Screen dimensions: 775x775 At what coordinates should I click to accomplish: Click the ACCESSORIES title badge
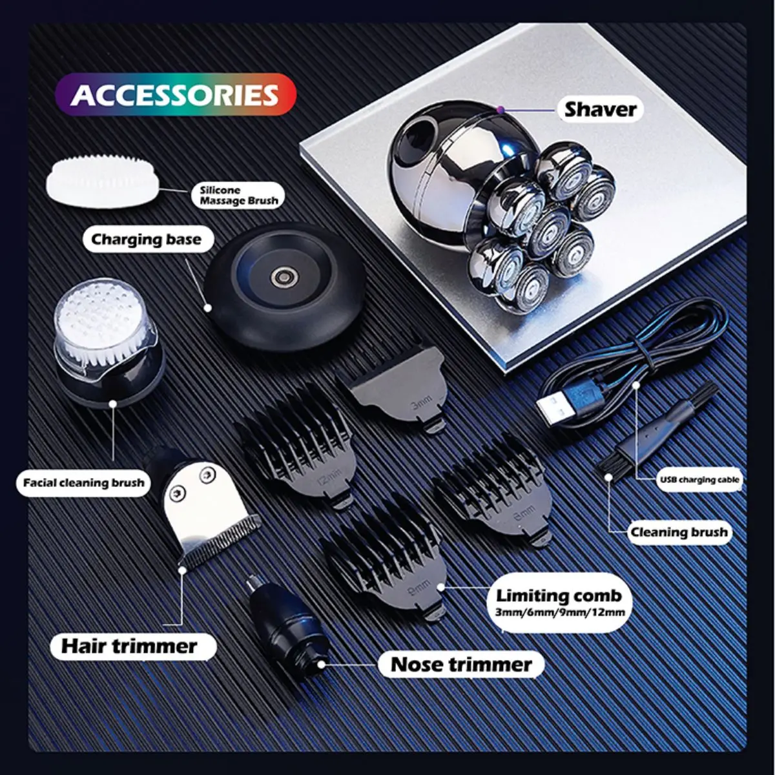tap(175, 94)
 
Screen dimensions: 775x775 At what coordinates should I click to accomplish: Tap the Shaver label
tap(600, 109)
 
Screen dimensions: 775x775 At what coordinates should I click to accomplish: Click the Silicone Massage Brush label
tap(238, 195)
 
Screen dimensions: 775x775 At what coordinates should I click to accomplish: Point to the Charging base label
tap(146, 240)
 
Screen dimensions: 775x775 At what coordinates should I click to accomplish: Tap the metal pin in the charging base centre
tap(282, 277)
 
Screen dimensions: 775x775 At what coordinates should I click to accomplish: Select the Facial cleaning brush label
tap(83, 482)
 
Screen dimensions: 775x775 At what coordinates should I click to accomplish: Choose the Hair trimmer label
tap(129, 646)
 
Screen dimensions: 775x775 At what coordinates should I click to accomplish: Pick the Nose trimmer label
tap(461, 665)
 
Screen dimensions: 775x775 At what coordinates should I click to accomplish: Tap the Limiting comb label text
tap(559, 595)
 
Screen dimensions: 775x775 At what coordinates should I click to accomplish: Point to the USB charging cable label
tap(699, 480)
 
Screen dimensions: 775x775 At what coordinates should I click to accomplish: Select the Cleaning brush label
tap(678, 533)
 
